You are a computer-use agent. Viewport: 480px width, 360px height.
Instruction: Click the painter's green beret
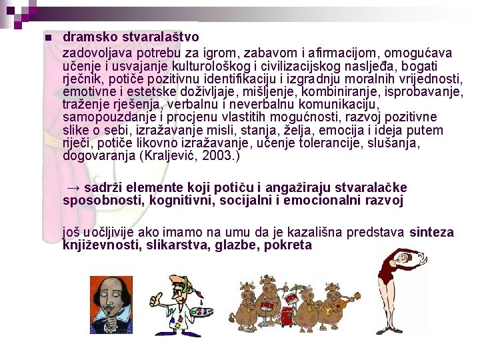(x=174, y=277)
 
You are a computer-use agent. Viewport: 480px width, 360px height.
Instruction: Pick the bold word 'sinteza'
(x=431, y=233)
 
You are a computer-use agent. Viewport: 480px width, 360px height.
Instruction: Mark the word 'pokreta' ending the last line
(x=288, y=245)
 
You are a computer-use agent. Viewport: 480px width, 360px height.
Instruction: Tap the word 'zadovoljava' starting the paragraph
(x=97, y=53)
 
